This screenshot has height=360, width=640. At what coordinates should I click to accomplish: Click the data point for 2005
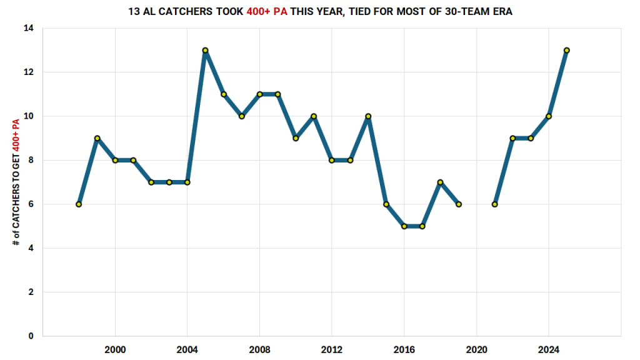click(x=205, y=50)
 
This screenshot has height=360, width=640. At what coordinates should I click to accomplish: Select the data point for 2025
click(x=566, y=50)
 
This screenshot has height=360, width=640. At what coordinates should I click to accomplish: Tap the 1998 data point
click(x=79, y=204)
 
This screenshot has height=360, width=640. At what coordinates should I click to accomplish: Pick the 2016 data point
click(x=404, y=226)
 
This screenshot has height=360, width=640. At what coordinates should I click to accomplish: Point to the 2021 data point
click(x=494, y=204)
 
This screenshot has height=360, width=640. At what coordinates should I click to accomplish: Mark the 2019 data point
click(x=458, y=204)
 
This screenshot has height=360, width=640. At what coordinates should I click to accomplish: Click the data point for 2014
click(x=368, y=116)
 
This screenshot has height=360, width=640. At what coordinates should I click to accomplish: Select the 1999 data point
click(x=97, y=138)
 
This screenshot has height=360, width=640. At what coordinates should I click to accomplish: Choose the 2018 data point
click(x=440, y=182)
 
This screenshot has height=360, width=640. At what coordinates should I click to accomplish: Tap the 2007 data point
click(x=241, y=116)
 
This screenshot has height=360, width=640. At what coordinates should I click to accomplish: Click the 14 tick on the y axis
click(x=29, y=29)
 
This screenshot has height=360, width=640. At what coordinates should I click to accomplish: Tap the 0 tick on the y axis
click(x=31, y=336)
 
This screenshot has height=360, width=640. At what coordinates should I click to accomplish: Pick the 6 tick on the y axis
click(x=31, y=204)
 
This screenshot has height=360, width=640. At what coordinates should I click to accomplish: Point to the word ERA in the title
click(x=501, y=12)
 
